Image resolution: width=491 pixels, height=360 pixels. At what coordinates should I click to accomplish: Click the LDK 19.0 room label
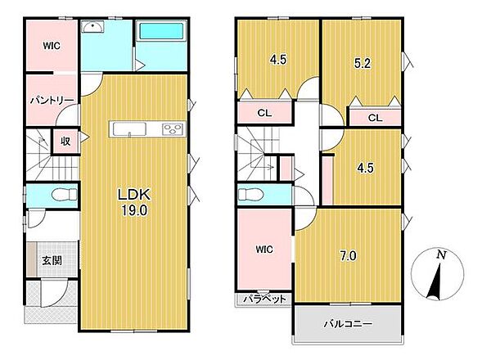[134, 202]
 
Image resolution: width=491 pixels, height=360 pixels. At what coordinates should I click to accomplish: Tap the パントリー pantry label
[52, 101]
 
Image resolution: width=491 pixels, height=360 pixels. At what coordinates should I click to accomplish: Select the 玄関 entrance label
[52, 260]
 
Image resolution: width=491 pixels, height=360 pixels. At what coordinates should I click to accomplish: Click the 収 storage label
[65, 142]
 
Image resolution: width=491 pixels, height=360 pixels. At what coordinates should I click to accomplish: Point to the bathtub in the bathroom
[161, 31]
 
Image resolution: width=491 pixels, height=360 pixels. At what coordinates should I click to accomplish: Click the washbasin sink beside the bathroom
[92, 27]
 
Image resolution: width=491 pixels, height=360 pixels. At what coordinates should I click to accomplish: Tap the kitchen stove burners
[172, 129]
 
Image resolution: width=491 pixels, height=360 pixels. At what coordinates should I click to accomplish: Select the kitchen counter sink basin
[129, 129]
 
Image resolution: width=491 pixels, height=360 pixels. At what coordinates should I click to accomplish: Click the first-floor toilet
[64, 195]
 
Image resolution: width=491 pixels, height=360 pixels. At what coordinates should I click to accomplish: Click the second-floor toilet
[250, 194]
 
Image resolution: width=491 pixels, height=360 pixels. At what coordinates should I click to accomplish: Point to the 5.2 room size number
[363, 64]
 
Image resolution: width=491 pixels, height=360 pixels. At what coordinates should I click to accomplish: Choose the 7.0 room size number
[348, 256]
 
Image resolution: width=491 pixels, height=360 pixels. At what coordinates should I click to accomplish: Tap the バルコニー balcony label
[348, 323]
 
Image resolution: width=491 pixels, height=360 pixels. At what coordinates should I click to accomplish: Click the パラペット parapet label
[264, 299]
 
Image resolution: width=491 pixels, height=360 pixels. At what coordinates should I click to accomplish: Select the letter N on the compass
[441, 255]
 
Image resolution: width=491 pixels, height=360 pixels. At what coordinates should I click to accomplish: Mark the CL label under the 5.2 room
[375, 118]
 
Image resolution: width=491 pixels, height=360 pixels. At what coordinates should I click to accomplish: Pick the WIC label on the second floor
[264, 250]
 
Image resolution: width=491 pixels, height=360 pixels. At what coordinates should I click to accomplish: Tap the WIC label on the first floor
[52, 46]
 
